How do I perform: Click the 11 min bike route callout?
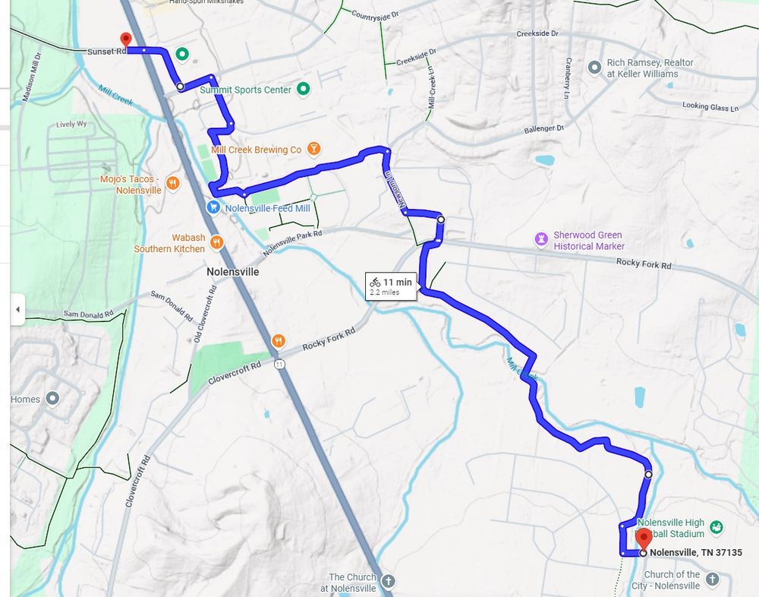[x=391, y=286]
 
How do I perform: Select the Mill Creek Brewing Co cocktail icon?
[x=313, y=150]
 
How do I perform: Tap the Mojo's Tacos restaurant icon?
[x=173, y=183]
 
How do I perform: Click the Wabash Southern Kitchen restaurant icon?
[x=216, y=243]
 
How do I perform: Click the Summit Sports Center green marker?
[x=303, y=90]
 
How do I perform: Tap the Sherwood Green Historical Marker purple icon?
[x=540, y=240]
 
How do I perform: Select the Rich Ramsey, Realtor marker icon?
[x=595, y=68]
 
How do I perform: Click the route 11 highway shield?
[x=280, y=365]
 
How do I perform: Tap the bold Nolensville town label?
[x=232, y=271]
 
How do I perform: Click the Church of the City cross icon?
[x=712, y=580]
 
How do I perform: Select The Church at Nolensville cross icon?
[x=388, y=583]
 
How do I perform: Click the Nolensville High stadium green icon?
[x=716, y=526]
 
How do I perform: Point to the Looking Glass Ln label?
[x=710, y=107]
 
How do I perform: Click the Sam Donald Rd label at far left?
[x=88, y=314]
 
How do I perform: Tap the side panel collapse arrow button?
[x=17, y=309]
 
